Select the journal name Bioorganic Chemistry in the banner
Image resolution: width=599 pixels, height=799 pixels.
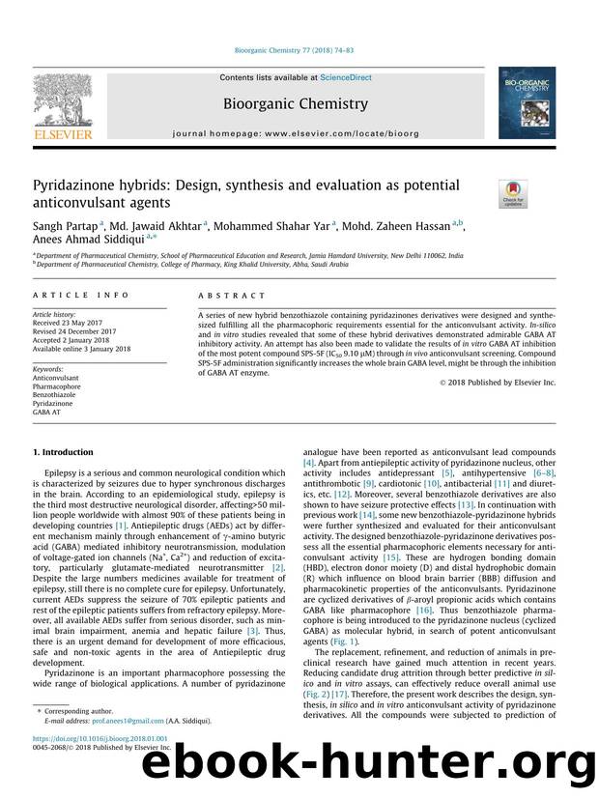click(x=295, y=103)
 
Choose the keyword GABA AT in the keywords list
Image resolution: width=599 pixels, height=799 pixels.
click(x=47, y=412)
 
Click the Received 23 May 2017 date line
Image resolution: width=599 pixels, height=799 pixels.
click(x=69, y=324)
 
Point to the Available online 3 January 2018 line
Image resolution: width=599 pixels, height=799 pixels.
click(x=81, y=349)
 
